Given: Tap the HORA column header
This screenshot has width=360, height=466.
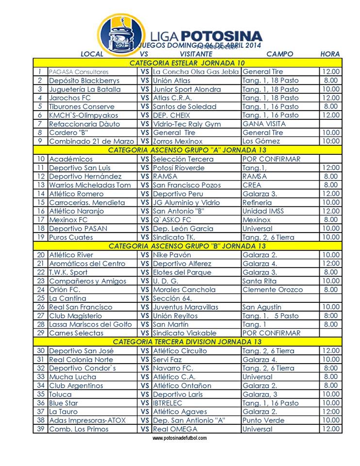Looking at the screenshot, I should coord(330,54).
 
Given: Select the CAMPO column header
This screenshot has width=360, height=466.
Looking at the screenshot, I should coord(279,54).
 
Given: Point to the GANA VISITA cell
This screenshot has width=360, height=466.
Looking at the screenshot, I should coord(264,124).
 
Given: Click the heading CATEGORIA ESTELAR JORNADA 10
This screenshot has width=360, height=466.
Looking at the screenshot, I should coord(187,63).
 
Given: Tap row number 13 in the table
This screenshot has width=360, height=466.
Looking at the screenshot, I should coord(41,185).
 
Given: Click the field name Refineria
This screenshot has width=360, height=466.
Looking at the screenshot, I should coord(257,202).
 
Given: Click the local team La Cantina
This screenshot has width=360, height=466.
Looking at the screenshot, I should coord(68,298).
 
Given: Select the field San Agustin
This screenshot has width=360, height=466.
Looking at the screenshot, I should coord(262,307).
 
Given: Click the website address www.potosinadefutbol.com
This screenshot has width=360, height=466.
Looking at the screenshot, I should coord(180,438).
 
